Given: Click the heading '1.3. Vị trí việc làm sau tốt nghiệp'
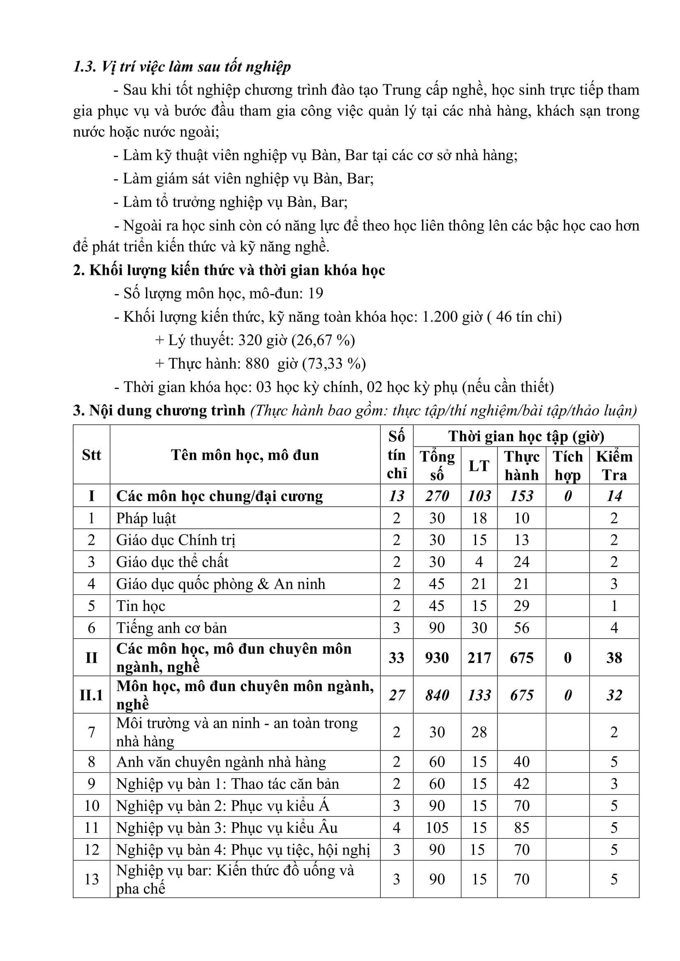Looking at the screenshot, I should [x=182, y=67].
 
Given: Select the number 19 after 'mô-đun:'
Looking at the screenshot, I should [x=315, y=293].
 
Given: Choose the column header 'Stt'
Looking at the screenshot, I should [x=91, y=455].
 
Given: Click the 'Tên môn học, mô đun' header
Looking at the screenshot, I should [x=245, y=455].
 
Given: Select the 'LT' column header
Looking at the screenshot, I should [x=479, y=466].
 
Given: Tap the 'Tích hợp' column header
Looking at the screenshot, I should [x=567, y=466].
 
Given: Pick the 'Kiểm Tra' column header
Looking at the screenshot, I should [x=614, y=466].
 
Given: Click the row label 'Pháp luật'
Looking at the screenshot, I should [x=146, y=518].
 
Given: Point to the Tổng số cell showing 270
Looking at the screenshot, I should [x=437, y=496].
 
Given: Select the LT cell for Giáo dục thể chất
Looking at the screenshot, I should [x=479, y=562].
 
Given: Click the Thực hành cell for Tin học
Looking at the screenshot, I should [x=521, y=606].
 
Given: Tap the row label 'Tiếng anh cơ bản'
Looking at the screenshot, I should [x=171, y=628].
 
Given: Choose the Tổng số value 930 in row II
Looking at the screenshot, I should [x=437, y=657].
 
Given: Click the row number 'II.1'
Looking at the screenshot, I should [x=91, y=695].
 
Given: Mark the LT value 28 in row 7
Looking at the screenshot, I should [x=479, y=732].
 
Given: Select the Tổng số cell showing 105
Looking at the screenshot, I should [x=437, y=827].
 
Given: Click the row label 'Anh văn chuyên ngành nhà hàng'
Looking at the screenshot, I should [x=221, y=762].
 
